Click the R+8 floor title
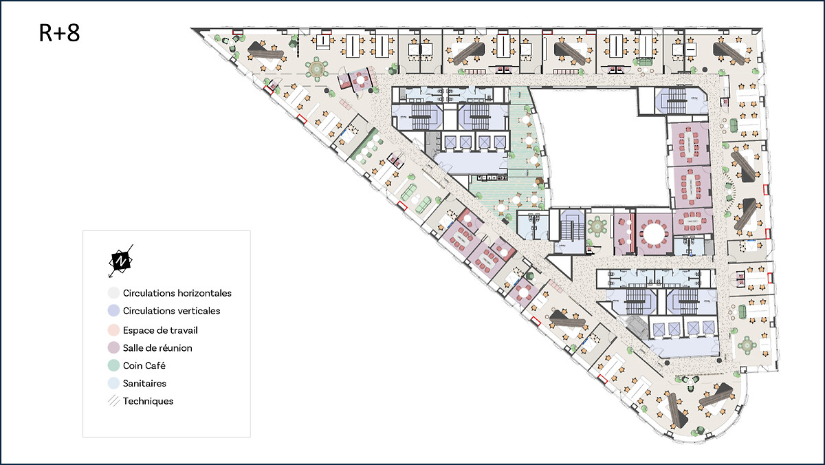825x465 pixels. pyautogui.click(x=59, y=33)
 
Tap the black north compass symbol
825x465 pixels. pyautogui.click(x=121, y=261)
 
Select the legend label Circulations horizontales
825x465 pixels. pyautogui.click(x=177, y=293)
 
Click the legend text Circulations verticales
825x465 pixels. pyautogui.click(x=171, y=311)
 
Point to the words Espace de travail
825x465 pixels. pyautogui.click(x=160, y=330)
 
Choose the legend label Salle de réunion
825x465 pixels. pyautogui.click(x=157, y=348)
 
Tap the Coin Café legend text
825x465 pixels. pyautogui.click(x=144, y=366)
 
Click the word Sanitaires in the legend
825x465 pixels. pyautogui.click(x=144, y=384)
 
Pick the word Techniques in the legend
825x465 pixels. pyautogui.click(x=148, y=401)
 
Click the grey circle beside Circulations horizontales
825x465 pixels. pyautogui.click(x=114, y=293)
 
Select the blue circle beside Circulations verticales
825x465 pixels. pyautogui.click(x=114, y=311)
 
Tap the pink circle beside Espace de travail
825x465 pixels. pyautogui.click(x=114, y=330)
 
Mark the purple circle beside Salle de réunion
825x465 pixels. pyautogui.click(x=114, y=348)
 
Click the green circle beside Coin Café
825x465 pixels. pyautogui.click(x=114, y=365)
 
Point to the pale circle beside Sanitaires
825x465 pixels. pyautogui.click(x=114, y=383)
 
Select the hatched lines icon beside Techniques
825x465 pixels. pyautogui.click(x=114, y=401)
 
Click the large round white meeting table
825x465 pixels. pyautogui.click(x=653, y=235)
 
